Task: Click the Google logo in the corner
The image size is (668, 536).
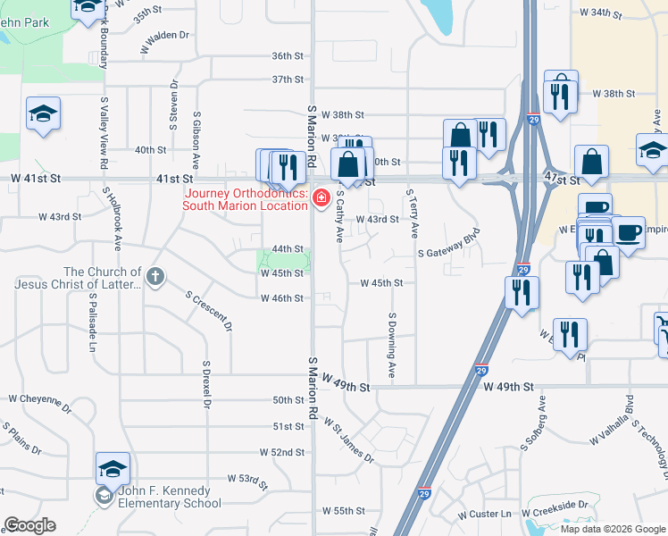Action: pyautogui.click(x=29, y=525)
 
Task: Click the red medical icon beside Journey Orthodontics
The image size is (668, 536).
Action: pyautogui.click(x=321, y=197)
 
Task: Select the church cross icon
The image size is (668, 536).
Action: pyautogui.click(x=156, y=277)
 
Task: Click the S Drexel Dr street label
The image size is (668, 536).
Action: pyautogui.click(x=206, y=385)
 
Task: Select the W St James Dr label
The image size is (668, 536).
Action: pyautogui.click(x=348, y=440)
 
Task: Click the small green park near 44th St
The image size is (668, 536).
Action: pyautogui.click(x=285, y=260)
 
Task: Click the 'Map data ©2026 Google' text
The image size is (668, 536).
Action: pyautogui.click(x=614, y=529)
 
